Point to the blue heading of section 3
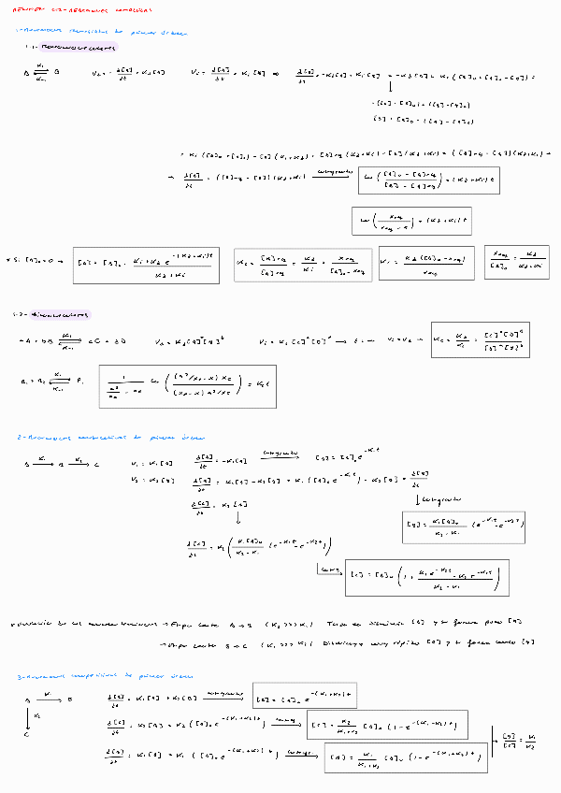click(104, 675)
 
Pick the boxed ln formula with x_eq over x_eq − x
click(413, 221)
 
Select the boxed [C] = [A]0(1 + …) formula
click(427, 578)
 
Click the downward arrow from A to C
click(28, 716)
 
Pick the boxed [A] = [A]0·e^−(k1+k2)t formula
click(305, 695)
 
